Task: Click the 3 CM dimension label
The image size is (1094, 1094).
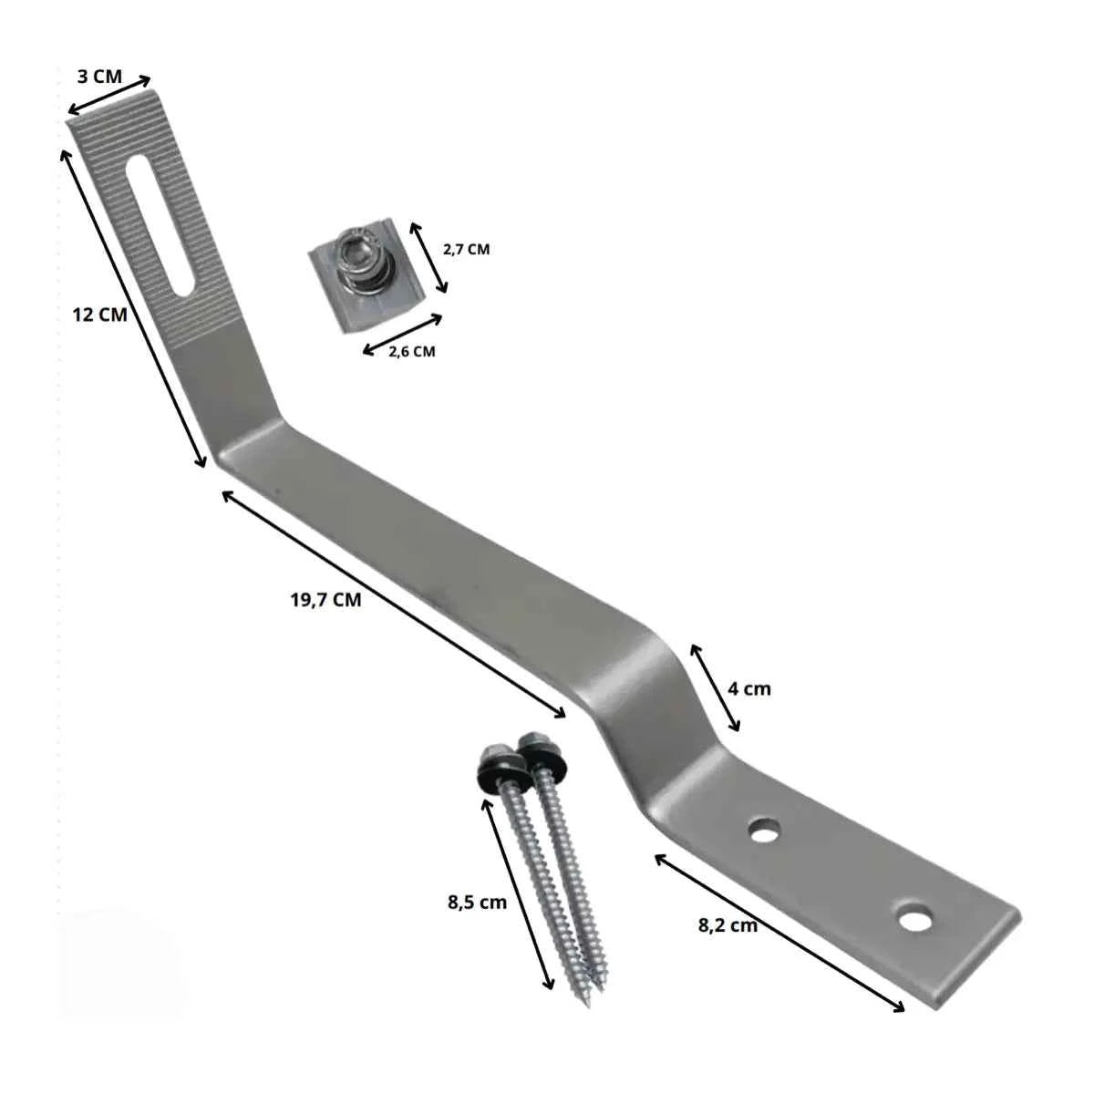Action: coord(99,77)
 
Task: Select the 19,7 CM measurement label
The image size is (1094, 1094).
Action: coord(325,600)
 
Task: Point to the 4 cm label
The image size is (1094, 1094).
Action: coord(749,689)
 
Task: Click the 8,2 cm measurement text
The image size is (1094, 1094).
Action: coord(728,925)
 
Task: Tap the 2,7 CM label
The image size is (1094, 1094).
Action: coord(466,249)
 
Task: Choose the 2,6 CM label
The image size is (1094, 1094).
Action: coord(411,351)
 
